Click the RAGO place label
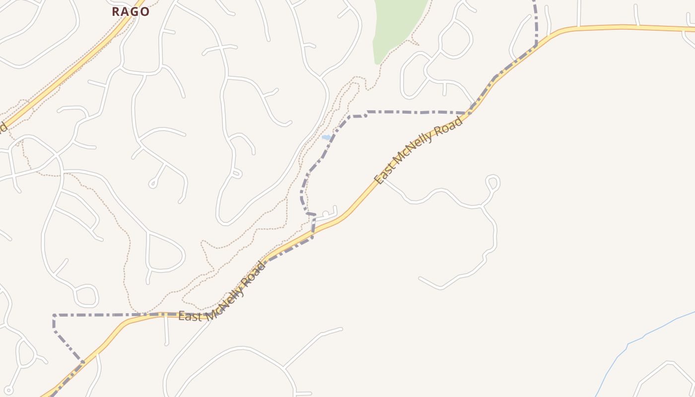tap(131, 11)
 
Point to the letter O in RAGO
tap(144, 11)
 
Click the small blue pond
tap(326, 137)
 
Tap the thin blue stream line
tap(640, 337)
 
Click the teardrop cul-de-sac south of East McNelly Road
tap(492, 182)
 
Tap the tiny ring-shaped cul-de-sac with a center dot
tap(8, 391)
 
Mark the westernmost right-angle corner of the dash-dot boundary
tap(54, 315)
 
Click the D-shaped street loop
tap(166, 253)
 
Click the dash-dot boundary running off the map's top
tap(535, 15)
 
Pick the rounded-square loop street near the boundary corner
tap(86, 296)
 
